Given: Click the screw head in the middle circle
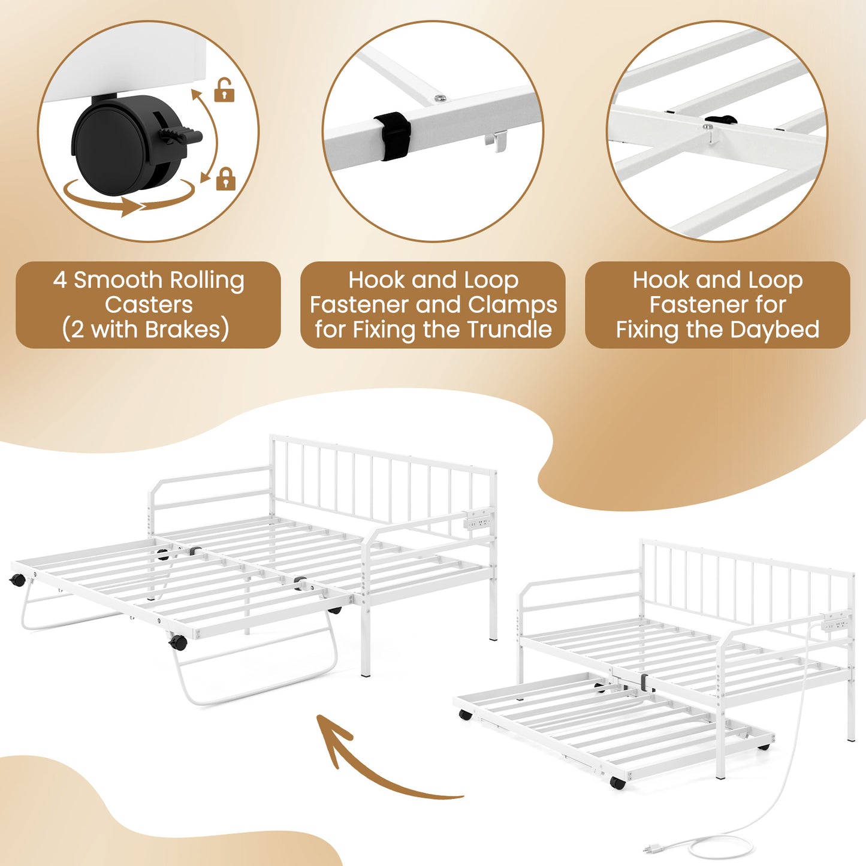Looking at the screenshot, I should tap(440, 98).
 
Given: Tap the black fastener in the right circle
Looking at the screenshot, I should tap(721, 120).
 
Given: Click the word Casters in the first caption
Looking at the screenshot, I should tap(149, 305).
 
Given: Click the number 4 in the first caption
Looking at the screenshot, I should tap(59, 280).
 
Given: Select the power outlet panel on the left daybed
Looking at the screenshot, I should tap(478, 520).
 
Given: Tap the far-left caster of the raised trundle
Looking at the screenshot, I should tap(18, 580).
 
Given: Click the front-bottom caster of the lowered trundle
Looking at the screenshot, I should tap(617, 782).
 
